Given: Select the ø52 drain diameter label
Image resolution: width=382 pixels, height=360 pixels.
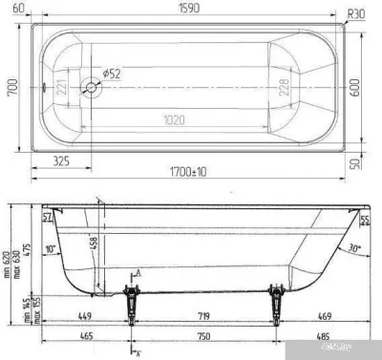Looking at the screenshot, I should (110, 74).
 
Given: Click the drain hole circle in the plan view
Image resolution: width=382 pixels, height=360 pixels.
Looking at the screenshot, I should (93, 86).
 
